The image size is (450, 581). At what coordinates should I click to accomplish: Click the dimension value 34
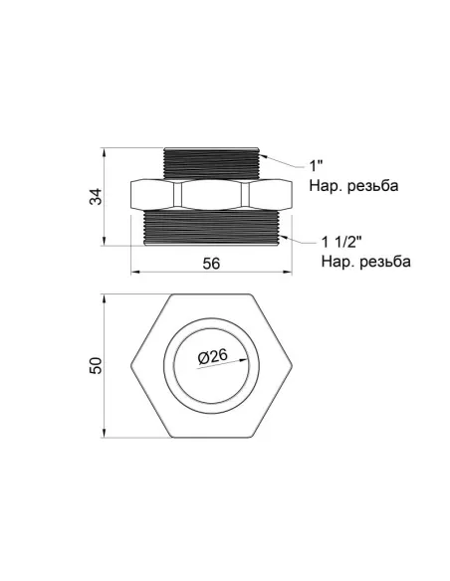pyautogui.click(x=96, y=196)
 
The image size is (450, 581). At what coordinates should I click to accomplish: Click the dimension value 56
pyautogui.click(x=211, y=264)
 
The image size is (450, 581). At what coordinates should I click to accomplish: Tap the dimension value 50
pyautogui.click(x=96, y=366)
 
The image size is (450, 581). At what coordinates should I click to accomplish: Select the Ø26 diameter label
pyautogui.click(x=212, y=357)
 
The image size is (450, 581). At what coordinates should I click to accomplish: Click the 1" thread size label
pyautogui.click(x=317, y=165)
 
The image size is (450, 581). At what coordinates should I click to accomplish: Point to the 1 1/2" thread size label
pyautogui.click(x=341, y=243)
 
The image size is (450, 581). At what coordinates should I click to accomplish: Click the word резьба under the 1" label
pyautogui.click(x=373, y=186)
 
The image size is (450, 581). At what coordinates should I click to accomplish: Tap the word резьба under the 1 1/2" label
pyautogui.click(x=385, y=262)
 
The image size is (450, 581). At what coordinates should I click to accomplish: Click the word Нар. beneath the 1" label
pyautogui.click(x=326, y=186)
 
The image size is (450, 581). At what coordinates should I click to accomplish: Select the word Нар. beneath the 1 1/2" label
pyautogui.click(x=337, y=262)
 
